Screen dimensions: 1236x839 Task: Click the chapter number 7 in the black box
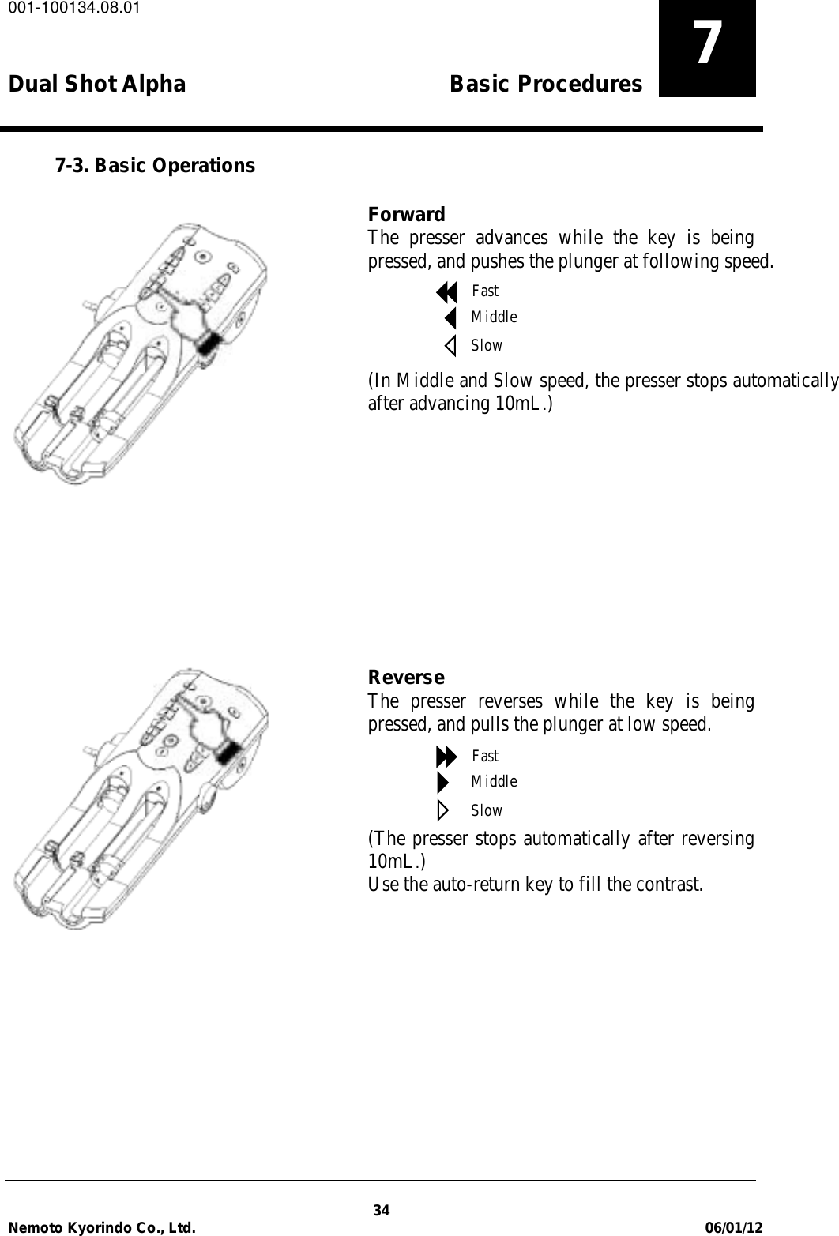[707, 45]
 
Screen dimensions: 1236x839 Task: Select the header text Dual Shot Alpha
[97, 84]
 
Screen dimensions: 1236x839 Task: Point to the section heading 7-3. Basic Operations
[154, 166]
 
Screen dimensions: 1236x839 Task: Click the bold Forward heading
[407, 215]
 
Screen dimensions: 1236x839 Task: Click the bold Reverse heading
[407, 678]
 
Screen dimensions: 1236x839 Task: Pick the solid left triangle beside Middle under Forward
[450, 318]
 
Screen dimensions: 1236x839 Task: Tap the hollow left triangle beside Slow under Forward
[450, 346]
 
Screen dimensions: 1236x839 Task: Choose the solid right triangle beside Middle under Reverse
[442, 783]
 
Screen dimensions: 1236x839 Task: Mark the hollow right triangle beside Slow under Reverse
[442, 810]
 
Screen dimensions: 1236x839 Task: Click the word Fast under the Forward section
[485, 291]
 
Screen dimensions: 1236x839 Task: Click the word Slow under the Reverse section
[487, 810]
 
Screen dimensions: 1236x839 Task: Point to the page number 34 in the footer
[382, 1211]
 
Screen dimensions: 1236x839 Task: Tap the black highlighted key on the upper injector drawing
[208, 344]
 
